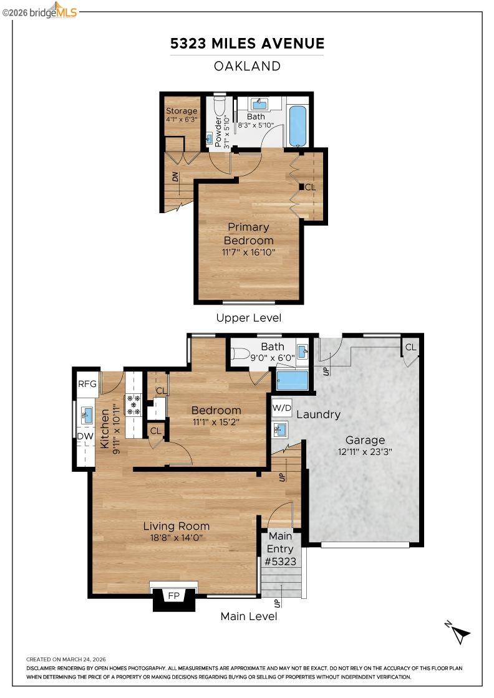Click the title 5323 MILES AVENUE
(x=247, y=43)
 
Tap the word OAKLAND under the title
(x=247, y=66)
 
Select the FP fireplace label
(x=174, y=596)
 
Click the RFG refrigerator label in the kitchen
(x=87, y=384)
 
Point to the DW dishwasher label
(x=85, y=436)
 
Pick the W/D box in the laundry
(x=282, y=408)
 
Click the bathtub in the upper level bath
(x=298, y=125)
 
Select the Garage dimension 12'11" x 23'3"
(x=365, y=452)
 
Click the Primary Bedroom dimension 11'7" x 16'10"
(x=248, y=252)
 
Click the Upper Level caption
(x=248, y=318)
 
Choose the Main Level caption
(x=248, y=616)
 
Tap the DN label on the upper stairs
(x=175, y=177)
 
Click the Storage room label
(x=182, y=111)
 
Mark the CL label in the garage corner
(x=410, y=347)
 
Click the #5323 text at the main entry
(x=280, y=562)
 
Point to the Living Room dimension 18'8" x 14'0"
(x=177, y=538)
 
